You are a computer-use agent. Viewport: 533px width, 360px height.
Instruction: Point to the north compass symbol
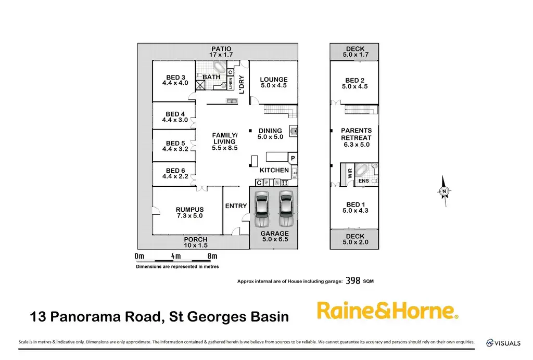(x=444, y=192)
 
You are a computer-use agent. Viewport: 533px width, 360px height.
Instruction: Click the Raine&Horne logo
(x=388, y=311)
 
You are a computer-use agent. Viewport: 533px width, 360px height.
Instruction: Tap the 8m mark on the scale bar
(x=212, y=256)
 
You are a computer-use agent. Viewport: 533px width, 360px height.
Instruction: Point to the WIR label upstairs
(x=350, y=173)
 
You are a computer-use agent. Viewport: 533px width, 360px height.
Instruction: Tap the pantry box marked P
(x=293, y=158)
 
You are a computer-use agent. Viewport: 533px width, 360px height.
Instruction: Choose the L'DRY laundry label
(x=241, y=84)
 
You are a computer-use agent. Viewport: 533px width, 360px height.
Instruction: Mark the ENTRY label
(x=236, y=206)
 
